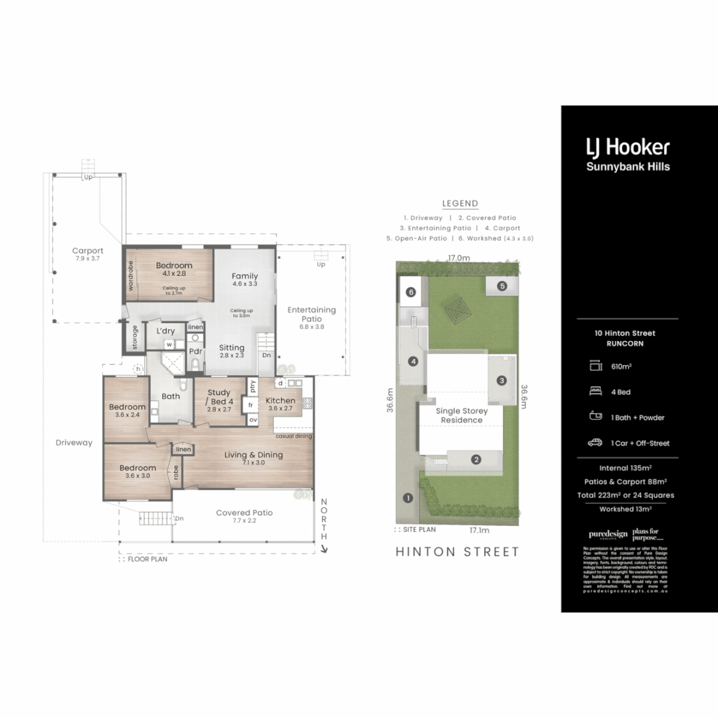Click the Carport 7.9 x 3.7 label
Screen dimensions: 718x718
click(x=88, y=255)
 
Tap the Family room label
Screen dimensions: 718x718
click(x=245, y=280)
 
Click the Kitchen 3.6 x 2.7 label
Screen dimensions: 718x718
click(x=281, y=404)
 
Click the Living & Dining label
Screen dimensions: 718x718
click(x=253, y=458)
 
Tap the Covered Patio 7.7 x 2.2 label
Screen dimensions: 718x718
click(x=244, y=517)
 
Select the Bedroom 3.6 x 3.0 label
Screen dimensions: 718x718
click(x=138, y=471)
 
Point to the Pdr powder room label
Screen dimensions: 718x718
click(x=195, y=351)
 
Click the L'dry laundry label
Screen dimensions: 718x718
click(x=166, y=331)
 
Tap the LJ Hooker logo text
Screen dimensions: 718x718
click(x=628, y=148)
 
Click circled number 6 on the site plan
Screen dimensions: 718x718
click(x=411, y=292)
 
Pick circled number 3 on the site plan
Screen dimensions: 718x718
click(x=502, y=380)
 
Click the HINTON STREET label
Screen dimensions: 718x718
click(x=458, y=551)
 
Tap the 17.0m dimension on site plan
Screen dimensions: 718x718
click(x=458, y=258)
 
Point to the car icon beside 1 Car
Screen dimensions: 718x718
click(x=595, y=443)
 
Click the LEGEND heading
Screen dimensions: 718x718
click(x=460, y=203)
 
